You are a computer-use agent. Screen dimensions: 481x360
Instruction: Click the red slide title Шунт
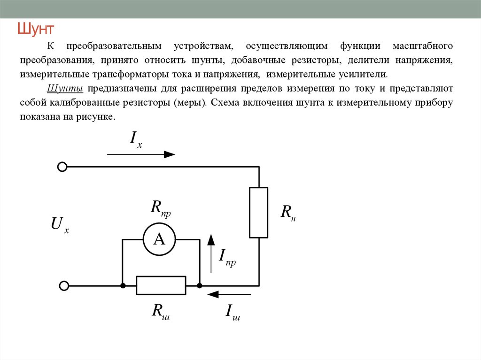click(x=36, y=29)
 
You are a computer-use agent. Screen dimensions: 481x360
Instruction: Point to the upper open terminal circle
click(x=62, y=167)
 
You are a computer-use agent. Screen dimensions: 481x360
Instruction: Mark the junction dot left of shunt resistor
click(x=123, y=286)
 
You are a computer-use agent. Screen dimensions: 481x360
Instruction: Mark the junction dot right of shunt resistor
click(x=199, y=286)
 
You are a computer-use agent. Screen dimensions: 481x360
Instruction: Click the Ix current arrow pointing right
click(x=141, y=154)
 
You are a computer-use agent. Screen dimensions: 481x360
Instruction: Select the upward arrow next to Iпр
click(x=211, y=253)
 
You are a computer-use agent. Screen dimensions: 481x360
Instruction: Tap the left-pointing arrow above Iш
click(x=229, y=294)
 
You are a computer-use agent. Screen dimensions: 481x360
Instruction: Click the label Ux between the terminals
click(x=60, y=225)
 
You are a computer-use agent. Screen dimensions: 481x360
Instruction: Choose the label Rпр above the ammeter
click(x=161, y=208)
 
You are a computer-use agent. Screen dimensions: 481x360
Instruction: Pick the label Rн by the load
click(x=288, y=212)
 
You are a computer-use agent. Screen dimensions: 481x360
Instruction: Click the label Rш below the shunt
click(x=161, y=312)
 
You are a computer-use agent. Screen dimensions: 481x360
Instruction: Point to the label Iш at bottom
click(x=233, y=312)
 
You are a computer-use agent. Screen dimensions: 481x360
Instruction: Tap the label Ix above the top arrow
click(x=136, y=139)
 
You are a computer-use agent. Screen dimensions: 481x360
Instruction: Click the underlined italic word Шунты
click(x=65, y=89)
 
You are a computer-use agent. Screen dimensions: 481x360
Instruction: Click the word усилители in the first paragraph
click(x=363, y=75)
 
